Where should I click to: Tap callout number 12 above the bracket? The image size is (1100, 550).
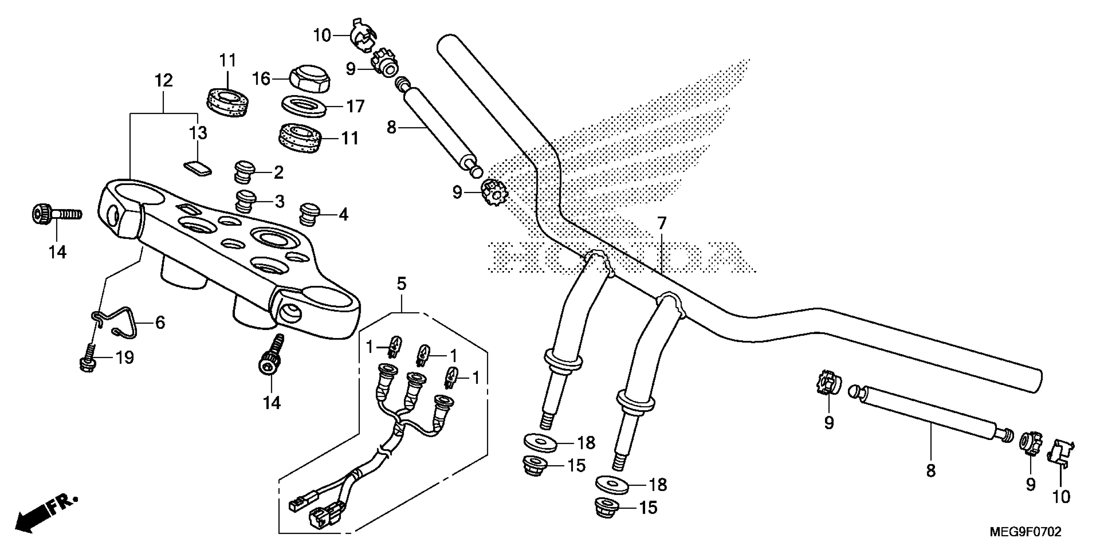[164, 80]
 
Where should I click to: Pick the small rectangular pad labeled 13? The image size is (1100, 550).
[198, 168]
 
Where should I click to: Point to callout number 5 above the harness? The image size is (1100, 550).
[401, 283]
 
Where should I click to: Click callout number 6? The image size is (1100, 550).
[160, 323]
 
